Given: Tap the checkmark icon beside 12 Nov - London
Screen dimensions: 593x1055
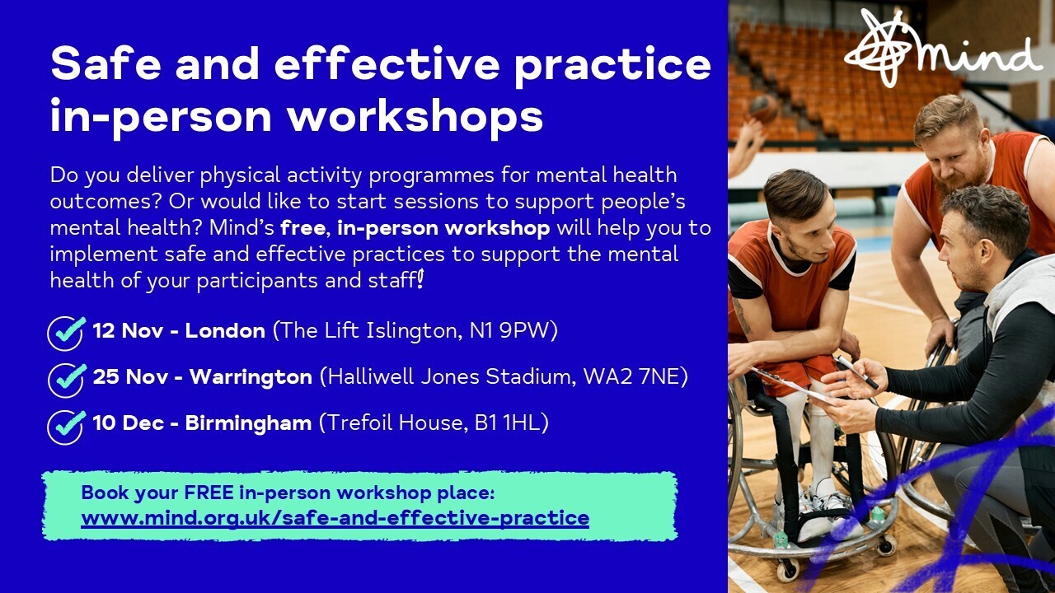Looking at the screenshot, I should pos(66,333).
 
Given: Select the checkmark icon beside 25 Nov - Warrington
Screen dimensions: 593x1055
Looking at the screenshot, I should pos(66,379).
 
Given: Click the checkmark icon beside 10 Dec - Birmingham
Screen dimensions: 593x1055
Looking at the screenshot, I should pos(66,425).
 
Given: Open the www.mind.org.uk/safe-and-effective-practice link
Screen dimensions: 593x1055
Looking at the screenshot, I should pos(335,518).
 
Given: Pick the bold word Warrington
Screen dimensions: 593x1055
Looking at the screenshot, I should pos(250,377).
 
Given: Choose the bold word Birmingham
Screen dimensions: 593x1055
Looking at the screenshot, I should pos(248,423).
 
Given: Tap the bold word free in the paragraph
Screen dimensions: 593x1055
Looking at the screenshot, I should pos(302,227).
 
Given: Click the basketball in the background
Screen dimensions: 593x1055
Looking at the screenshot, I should pos(764,109).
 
